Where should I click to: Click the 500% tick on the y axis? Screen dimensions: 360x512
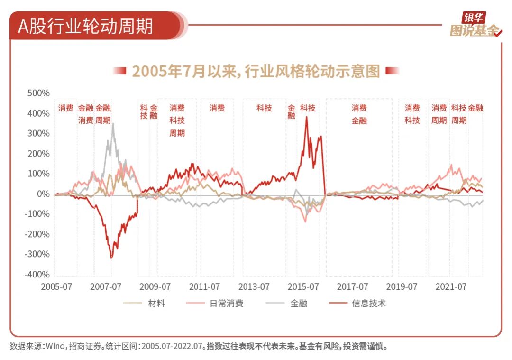click(x=38, y=93)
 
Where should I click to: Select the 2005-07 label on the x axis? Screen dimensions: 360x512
click(x=56, y=287)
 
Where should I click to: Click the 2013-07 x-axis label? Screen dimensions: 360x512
click(x=254, y=287)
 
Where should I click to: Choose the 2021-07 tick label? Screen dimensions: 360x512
click(x=451, y=287)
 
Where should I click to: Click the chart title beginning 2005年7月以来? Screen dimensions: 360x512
click(x=256, y=71)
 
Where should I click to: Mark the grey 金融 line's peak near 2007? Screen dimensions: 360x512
click(x=113, y=124)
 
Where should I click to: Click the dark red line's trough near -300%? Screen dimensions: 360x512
click(x=111, y=258)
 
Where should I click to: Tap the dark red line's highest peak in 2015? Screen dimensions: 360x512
click(x=307, y=117)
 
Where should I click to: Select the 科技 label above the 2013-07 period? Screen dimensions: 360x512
click(x=264, y=108)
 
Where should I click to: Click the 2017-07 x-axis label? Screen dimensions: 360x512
click(x=352, y=287)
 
